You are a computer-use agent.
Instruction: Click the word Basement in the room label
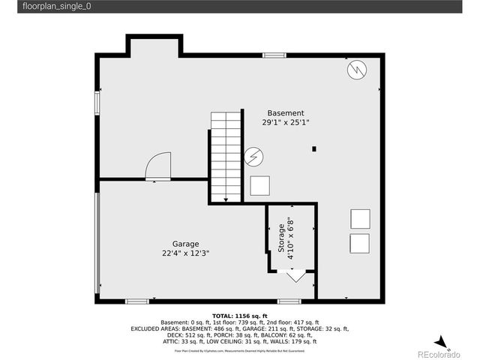286,112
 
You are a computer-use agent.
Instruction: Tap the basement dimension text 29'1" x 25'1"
286,122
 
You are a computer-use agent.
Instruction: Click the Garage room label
185,244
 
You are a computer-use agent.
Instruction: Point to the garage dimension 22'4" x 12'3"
185,253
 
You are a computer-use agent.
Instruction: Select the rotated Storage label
282,238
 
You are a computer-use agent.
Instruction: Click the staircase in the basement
226,157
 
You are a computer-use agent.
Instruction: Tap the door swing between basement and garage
159,166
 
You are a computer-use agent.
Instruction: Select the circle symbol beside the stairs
253,157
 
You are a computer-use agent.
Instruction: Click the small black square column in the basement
314,148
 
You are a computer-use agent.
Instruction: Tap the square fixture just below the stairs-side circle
260,185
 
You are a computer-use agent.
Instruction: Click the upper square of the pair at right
359,217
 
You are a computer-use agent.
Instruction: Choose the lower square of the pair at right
359,244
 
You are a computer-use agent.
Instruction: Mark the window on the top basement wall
274,55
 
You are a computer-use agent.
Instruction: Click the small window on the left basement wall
97,102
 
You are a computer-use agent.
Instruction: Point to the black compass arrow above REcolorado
443,343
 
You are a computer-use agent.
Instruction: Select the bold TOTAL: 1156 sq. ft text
239,315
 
